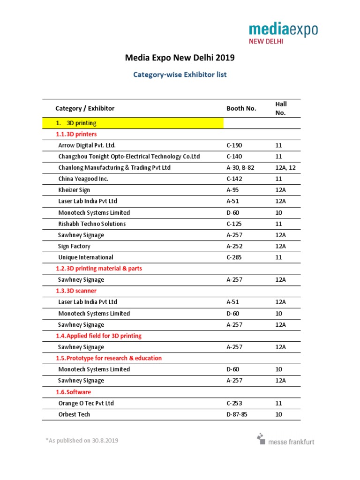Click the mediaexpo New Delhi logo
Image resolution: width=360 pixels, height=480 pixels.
tap(283, 33)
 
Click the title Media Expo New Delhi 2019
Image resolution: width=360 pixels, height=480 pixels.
tap(180, 58)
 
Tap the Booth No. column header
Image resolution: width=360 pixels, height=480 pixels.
tap(241, 108)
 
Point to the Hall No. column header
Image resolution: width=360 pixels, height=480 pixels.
tap(281, 108)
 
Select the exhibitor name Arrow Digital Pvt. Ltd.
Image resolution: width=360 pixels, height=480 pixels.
tap(87, 145)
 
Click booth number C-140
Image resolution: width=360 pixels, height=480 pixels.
tap(234, 157)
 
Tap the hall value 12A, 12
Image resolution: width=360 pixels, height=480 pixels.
tap(285, 168)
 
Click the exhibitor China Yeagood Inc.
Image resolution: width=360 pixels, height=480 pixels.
tap(83, 179)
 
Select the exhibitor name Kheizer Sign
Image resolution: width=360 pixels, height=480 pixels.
tap(74, 190)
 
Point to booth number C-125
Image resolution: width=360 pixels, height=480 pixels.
tap(234, 224)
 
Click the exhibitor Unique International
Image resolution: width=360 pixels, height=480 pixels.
tap(86, 257)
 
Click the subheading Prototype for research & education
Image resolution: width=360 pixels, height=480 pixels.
tap(108, 358)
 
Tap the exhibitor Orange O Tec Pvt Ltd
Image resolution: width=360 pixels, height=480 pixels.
tap(86, 403)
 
